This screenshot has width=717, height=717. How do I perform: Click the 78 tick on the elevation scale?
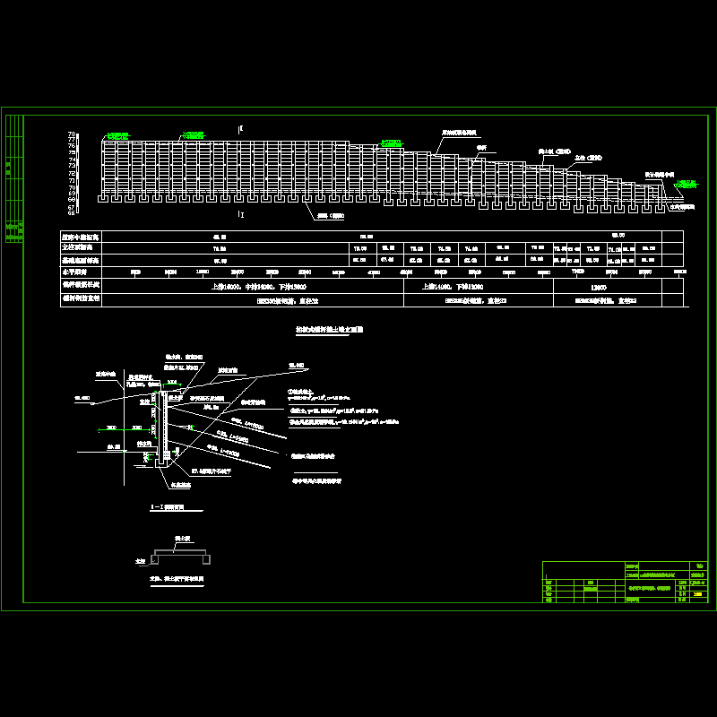(72, 134)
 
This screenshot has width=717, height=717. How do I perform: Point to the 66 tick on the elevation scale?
(72, 212)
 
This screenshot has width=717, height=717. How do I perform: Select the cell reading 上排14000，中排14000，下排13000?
(253, 288)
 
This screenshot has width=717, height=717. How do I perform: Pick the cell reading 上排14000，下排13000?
(462, 288)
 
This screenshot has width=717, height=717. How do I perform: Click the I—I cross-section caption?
(170, 508)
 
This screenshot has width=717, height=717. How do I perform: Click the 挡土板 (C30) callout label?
(553, 151)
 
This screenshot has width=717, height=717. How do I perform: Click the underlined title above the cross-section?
(329, 330)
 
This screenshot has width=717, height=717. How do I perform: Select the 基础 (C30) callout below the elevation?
(330, 215)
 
